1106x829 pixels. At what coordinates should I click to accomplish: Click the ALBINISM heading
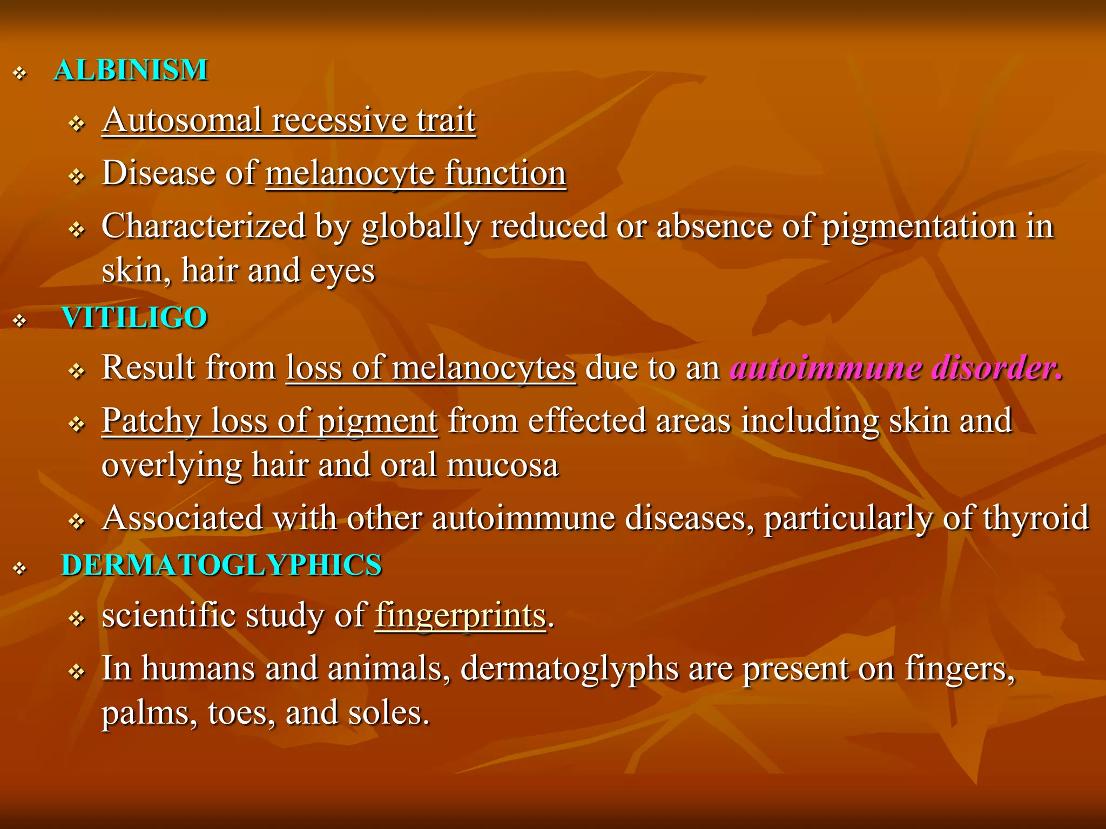pyautogui.click(x=131, y=70)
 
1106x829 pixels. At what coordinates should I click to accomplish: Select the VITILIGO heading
pyautogui.click(x=134, y=317)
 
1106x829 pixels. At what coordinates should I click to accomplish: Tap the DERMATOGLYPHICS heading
pyautogui.click(x=221, y=565)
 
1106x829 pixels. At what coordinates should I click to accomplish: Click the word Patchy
pyautogui.click(x=151, y=421)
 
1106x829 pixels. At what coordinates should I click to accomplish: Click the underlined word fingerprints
pyautogui.click(x=460, y=615)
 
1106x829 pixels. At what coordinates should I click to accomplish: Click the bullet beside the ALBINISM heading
pyautogui.click(x=20, y=73)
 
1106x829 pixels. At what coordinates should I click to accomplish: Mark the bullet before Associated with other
pyautogui.click(x=77, y=521)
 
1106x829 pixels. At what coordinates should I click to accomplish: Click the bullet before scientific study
pyautogui.click(x=77, y=619)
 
